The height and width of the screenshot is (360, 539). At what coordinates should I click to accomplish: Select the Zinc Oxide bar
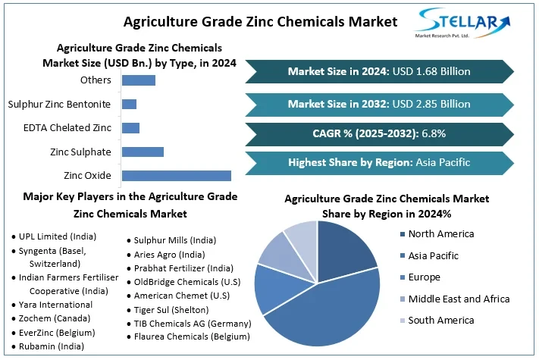point(176,176)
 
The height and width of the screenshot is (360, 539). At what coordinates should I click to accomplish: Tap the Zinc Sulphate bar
point(143,152)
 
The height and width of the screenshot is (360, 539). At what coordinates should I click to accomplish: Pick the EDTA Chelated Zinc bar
point(130,127)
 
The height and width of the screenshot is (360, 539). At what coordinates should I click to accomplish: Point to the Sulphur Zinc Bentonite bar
point(129,104)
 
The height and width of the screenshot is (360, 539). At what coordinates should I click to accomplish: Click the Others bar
point(138,80)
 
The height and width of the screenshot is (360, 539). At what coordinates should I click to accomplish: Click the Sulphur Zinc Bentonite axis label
point(58,104)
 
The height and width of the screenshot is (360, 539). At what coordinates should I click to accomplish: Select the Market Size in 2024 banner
point(379,72)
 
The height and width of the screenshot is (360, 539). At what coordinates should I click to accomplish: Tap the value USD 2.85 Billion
point(434,104)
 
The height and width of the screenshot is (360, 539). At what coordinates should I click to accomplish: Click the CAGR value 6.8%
point(433,133)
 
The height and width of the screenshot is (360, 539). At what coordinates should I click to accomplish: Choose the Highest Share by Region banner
point(379,162)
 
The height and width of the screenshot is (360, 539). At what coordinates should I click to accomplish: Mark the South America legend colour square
point(402,321)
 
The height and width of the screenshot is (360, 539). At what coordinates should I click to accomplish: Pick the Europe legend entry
point(425,277)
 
